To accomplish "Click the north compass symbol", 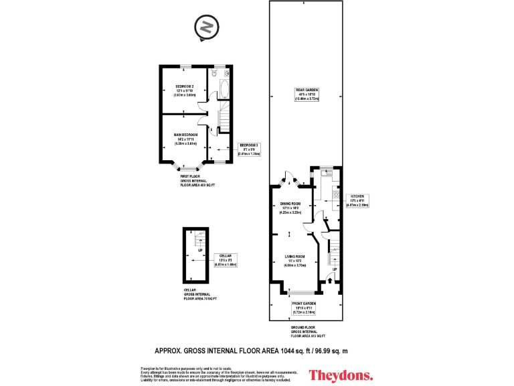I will pos(207,29).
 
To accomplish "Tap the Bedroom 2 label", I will pos(185,91).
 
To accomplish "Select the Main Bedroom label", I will pos(185,139).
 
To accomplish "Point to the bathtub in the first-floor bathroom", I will pos(224,88).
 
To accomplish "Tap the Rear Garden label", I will pos(308,94).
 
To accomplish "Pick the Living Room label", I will pos(295,261).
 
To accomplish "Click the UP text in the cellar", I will pos(198,251).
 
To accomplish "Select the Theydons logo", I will pos(341,375).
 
